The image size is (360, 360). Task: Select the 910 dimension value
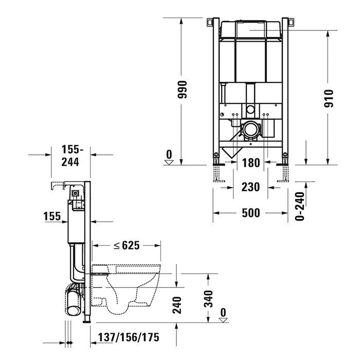tap(330, 98)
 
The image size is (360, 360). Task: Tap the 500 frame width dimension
tap(250, 213)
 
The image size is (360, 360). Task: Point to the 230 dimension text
tap(250, 187)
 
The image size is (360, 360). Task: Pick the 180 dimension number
tap(250, 164)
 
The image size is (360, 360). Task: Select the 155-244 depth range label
tap(70, 156)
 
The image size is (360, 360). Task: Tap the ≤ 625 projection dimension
tap(127, 245)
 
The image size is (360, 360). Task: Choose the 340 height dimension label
tap(208, 298)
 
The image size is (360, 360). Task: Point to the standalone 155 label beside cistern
tap(51, 217)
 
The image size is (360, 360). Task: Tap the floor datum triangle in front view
tap(169, 160)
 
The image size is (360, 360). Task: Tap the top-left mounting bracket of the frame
tap(210, 23)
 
